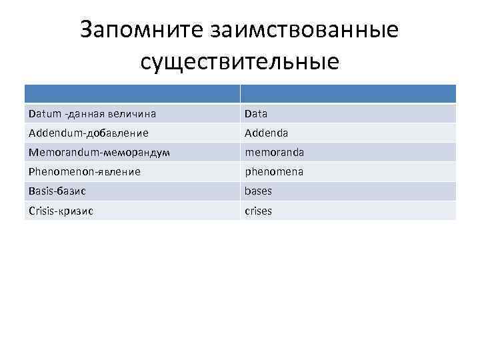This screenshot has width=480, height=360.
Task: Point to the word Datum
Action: pyautogui.click(x=43, y=113)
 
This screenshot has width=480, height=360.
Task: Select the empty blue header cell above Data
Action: pyautogui.click(x=348, y=93)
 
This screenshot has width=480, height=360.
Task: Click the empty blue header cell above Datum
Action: pyautogui.click(x=132, y=93)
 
